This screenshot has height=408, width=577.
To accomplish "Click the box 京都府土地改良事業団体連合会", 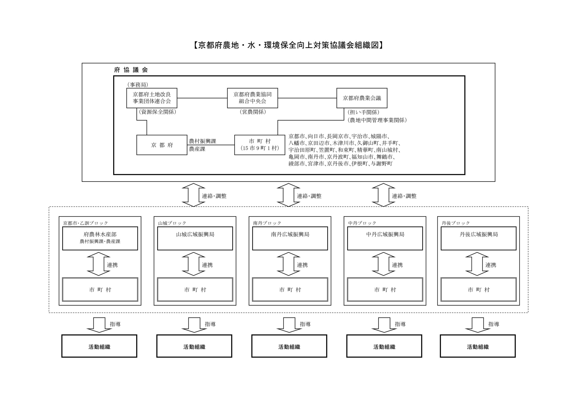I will point(151,98).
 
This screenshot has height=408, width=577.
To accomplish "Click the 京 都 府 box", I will point(162,145).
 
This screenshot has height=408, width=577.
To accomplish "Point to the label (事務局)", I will point(137,85).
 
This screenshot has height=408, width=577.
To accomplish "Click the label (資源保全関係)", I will point(158,112).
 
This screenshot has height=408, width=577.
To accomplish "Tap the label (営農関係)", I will point(253,112).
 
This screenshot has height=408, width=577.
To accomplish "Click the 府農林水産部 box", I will point(100,238).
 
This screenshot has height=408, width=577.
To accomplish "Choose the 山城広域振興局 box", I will point(195,238).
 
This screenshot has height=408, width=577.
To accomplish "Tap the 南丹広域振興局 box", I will point(290,238).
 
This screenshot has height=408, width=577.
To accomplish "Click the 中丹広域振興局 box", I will point(385,238).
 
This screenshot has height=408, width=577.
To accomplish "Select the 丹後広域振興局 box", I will point(479,238).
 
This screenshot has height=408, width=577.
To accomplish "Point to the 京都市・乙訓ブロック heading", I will point(85,223).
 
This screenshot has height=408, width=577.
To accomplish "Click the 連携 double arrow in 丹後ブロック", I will point(477,264).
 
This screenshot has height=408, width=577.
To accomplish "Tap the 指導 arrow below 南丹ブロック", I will point(288,325).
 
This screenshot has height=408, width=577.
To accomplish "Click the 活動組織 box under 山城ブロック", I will point(194,346).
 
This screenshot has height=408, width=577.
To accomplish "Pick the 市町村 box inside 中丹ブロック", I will point(385,289).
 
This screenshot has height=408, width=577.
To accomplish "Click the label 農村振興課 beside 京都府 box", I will point(202,141).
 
